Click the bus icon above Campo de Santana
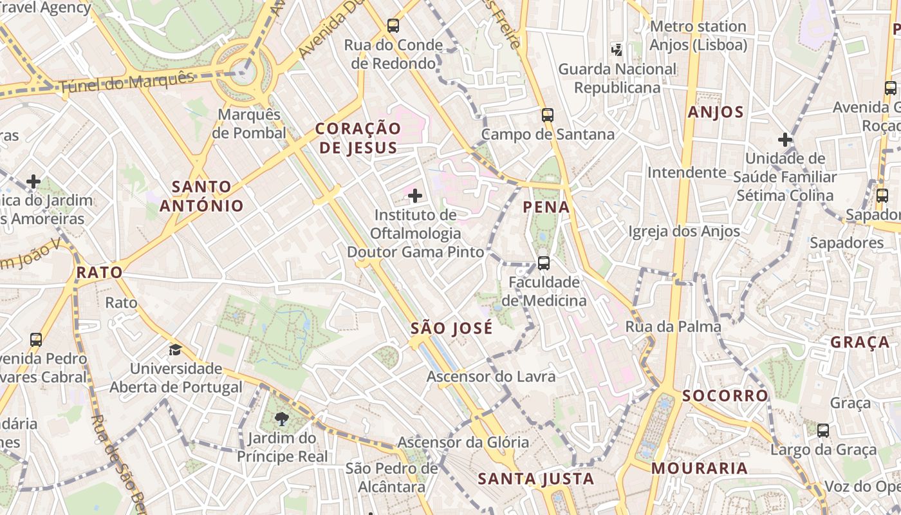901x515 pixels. [x=548, y=115]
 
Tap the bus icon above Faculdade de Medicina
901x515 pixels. [x=544, y=263]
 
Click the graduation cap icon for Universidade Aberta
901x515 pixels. [x=175, y=350]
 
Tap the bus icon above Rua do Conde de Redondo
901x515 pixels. [x=393, y=26]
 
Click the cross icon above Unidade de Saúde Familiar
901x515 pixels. [x=785, y=139]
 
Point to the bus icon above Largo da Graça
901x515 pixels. [x=823, y=430]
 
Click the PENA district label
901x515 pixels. [x=546, y=207]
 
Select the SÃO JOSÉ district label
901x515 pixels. [x=452, y=328]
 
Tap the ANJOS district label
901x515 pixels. [x=716, y=113]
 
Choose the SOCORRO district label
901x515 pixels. [x=725, y=395]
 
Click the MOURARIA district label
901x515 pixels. [x=700, y=468]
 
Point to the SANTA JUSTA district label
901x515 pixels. [x=536, y=479]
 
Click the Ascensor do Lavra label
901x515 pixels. [x=491, y=377]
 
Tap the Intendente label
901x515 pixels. [x=687, y=173]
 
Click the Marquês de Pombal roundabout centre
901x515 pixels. [x=243, y=71]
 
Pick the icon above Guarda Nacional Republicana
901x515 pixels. [x=617, y=50]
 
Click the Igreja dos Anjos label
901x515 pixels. [x=684, y=230]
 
